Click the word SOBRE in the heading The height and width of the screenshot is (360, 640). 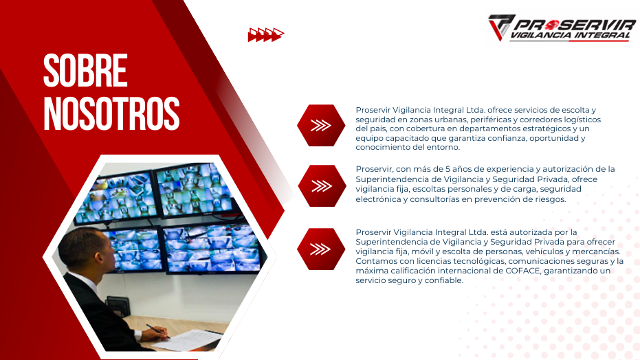pyautogui.click(x=85, y=70)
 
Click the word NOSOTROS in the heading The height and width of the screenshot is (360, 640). pyautogui.click(x=111, y=113)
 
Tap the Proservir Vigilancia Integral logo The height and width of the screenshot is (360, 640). pyautogui.click(x=562, y=27)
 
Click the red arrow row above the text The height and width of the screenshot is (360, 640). pyautogui.click(x=266, y=34)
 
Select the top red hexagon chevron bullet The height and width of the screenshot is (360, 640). pyautogui.click(x=321, y=126)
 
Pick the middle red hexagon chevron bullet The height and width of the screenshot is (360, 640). pyautogui.click(x=322, y=186)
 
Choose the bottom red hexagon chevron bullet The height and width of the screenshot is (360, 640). pyautogui.click(x=321, y=249)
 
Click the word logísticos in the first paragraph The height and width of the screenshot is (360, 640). pyautogui.click(x=582, y=120)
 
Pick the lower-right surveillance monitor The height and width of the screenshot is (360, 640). pyautogui.click(x=212, y=249)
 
